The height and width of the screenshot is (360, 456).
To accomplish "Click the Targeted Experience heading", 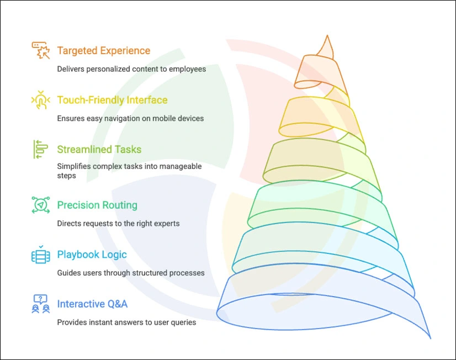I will tap(103, 51).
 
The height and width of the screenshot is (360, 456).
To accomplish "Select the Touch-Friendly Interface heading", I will tap(112, 100).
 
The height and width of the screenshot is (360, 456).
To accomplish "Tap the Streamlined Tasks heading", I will tap(99, 150).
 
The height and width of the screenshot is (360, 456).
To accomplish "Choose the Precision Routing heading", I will tap(97, 205).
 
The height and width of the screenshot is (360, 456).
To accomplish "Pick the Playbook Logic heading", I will tap(92, 255).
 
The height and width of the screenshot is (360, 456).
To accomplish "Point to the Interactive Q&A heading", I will tap(92, 304).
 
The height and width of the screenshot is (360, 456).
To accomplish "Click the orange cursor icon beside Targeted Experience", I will tap(40, 50).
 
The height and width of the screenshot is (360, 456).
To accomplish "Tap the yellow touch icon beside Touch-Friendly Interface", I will tap(40, 100).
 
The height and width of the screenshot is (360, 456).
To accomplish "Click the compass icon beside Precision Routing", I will tap(40, 205).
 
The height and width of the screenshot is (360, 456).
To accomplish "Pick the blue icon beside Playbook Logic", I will tap(40, 255).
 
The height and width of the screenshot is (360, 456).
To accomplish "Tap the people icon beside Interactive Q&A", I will tap(40, 304).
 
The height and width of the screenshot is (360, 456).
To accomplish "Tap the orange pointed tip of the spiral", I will tap(328, 47).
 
